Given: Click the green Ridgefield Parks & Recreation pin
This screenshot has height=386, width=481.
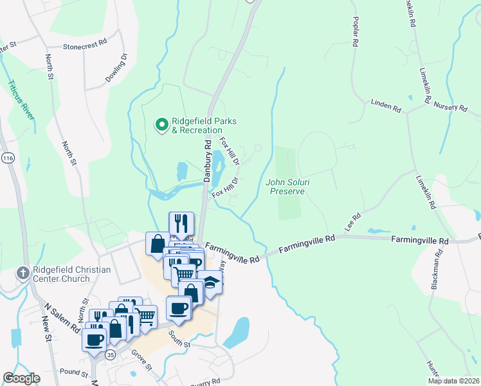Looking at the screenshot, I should click(161, 123).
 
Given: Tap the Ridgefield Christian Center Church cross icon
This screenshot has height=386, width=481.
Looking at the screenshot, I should click(24, 273).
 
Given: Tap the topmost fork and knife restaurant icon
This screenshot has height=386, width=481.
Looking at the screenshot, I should click(181, 223).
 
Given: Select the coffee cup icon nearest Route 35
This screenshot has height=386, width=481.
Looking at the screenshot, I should click(94, 339).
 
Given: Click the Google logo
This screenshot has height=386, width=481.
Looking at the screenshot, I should click(21, 378).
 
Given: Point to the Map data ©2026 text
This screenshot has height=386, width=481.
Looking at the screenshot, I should click(453, 381).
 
